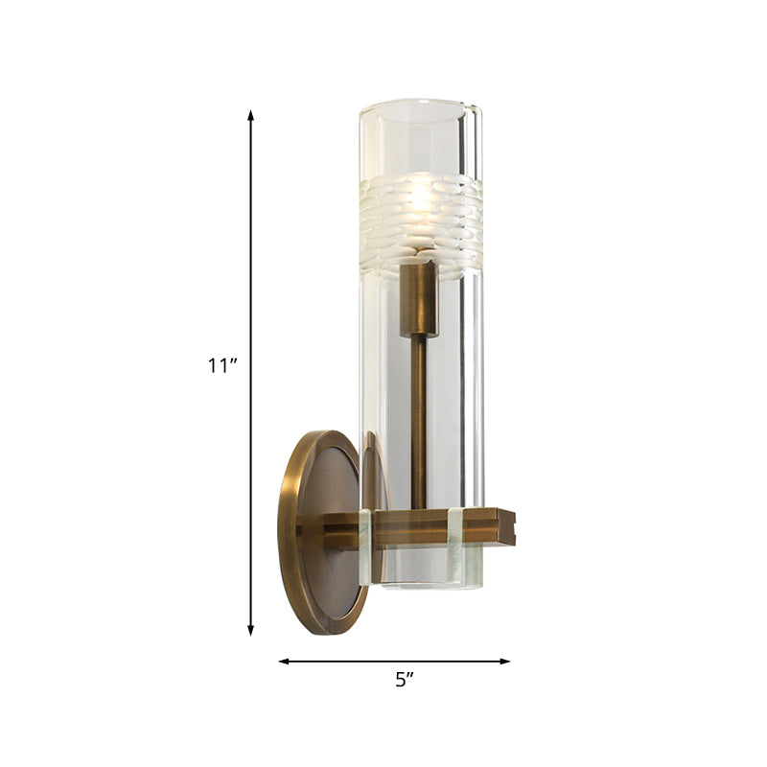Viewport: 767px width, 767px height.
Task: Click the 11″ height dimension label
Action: (x=221, y=364)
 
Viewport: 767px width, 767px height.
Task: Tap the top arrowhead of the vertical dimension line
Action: (x=251, y=115)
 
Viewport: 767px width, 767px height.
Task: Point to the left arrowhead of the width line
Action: (x=284, y=661)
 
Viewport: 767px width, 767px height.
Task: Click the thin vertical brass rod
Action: (x=419, y=422)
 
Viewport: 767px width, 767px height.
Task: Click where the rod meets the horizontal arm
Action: (x=419, y=509)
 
